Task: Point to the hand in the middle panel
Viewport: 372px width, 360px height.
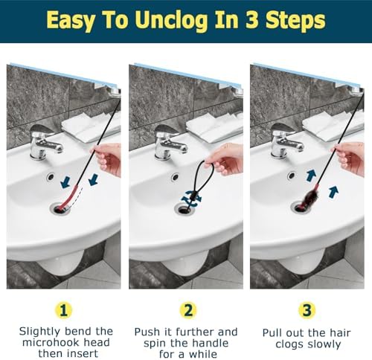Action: pos(228,158)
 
